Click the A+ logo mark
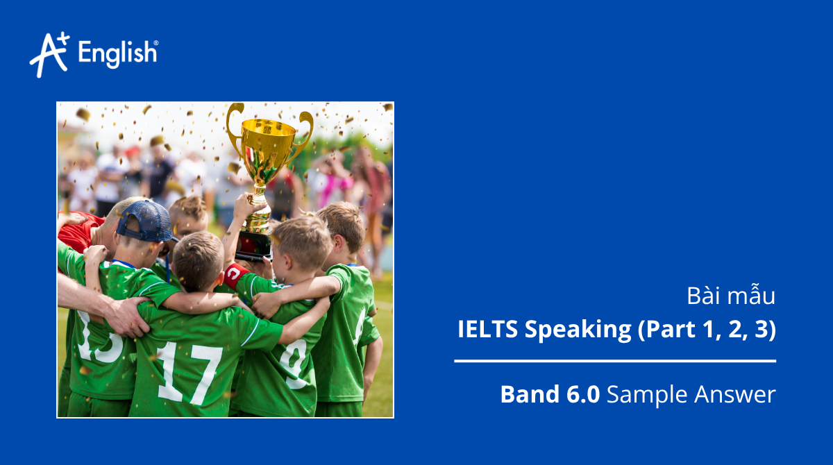49,54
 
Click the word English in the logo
118,53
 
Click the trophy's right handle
305,128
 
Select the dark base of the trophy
254,244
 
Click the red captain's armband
235,273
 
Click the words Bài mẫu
731,296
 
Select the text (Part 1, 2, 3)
706,330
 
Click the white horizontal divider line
615,361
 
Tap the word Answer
735,394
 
